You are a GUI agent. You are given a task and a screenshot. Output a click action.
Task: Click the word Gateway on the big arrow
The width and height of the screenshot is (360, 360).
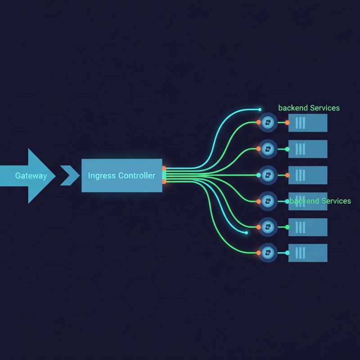pos(31,176)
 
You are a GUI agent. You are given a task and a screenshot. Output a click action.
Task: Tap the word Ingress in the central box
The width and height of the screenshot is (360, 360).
pos(102,175)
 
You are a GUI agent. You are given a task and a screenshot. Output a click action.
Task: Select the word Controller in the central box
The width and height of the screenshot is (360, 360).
pos(137,175)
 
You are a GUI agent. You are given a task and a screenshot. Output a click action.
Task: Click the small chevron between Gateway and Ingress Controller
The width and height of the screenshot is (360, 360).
pos(70,175)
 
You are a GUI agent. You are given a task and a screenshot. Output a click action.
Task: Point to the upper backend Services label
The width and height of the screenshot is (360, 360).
pos(309,108)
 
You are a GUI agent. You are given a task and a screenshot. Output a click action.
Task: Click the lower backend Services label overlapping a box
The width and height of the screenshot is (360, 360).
pos(320,201)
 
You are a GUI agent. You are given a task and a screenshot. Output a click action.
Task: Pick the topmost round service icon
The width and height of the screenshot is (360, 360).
pos(268,122)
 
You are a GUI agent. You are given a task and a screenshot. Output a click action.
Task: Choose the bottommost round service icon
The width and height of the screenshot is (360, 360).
pos(268,253)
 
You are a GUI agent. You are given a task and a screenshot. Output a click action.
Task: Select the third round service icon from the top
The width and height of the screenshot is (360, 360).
pos(268,175)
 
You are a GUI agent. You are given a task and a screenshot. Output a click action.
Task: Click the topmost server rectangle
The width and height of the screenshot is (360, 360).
pos(308,123)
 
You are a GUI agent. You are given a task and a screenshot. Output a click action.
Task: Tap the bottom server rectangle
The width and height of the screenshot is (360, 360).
pos(308,253)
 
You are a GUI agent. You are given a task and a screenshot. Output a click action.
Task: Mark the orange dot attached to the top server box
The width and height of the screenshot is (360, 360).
pos(287,122)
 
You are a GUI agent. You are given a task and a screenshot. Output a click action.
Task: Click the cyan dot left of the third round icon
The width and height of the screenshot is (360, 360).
pos(258,175)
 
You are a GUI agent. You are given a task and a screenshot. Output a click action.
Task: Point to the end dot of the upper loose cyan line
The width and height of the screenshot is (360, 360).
pos(260,109)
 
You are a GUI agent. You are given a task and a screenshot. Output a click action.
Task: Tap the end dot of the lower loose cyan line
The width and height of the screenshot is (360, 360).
pos(246,233)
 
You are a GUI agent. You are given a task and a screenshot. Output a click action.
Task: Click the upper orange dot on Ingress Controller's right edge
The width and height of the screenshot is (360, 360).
pos(164,168)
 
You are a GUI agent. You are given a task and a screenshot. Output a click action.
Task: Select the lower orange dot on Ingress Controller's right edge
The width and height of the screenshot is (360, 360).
pos(164,182)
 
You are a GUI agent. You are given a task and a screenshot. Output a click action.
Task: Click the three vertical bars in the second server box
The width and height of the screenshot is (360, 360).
pos(300,149)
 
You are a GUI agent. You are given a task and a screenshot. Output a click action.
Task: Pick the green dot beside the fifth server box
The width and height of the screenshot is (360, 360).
pos(287,227)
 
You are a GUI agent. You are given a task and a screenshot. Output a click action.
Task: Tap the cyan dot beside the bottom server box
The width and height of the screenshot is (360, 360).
pos(287,253)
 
